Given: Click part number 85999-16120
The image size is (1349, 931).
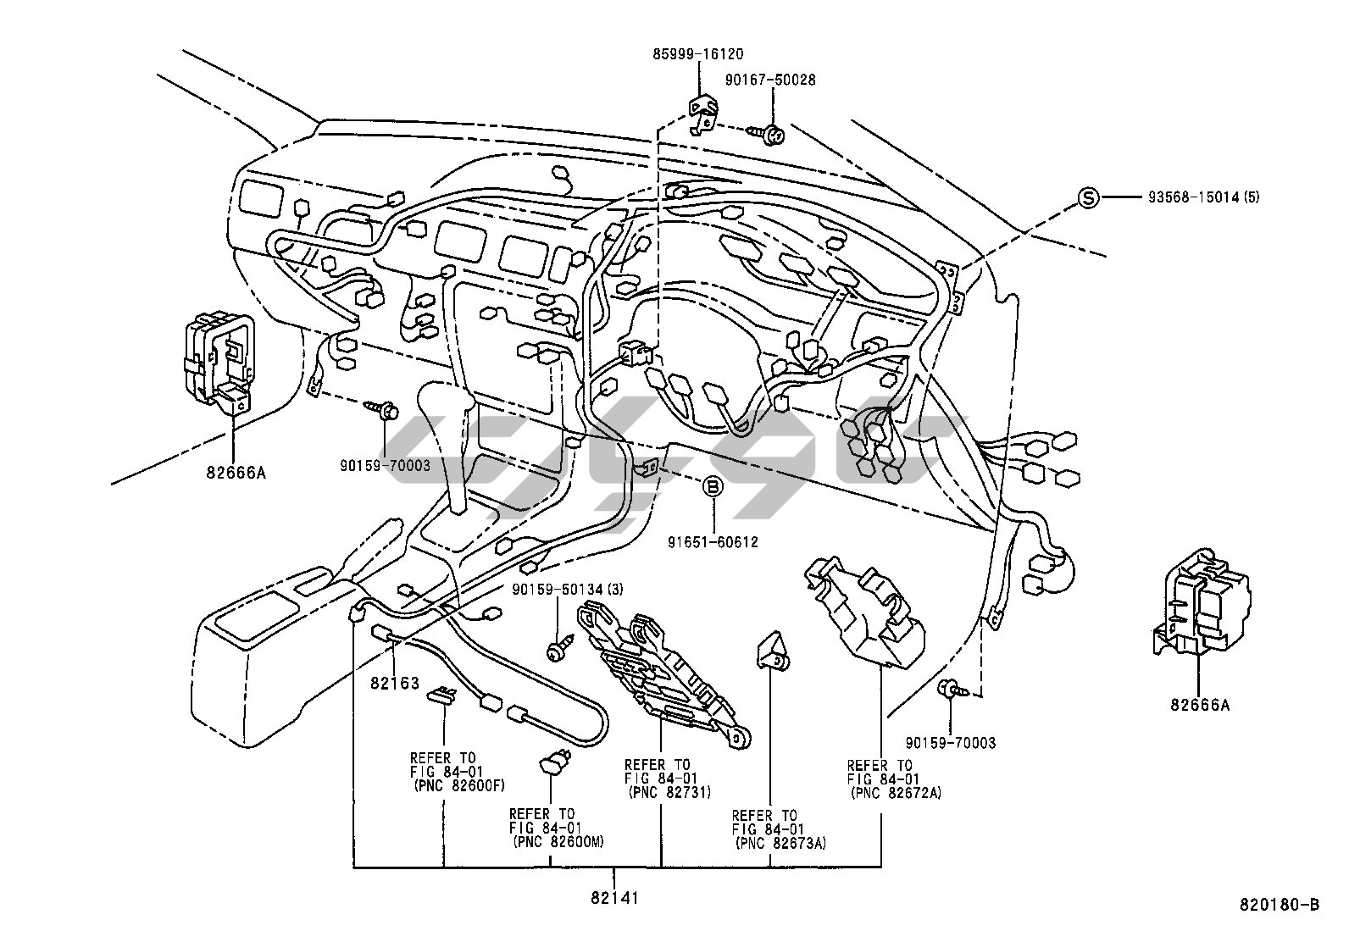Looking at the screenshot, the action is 698,54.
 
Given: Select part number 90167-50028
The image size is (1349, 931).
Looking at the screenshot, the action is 770,80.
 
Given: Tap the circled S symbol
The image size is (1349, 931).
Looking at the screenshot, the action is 1088,197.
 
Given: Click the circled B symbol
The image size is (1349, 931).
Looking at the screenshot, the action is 713,486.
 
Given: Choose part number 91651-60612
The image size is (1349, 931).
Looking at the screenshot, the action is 713,542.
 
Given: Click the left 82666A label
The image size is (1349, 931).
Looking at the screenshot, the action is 236,473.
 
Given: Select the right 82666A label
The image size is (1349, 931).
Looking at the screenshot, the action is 1200,705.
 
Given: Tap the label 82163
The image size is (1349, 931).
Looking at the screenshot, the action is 395,683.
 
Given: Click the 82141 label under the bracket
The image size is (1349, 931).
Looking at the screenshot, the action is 613,898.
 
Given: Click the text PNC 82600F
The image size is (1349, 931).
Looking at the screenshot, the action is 461,786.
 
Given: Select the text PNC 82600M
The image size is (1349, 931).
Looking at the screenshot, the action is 559,842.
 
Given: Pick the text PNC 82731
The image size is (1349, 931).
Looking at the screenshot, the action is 670,793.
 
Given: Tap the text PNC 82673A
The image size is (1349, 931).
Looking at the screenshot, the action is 782,843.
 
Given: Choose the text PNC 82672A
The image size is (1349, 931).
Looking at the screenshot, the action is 897,793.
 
